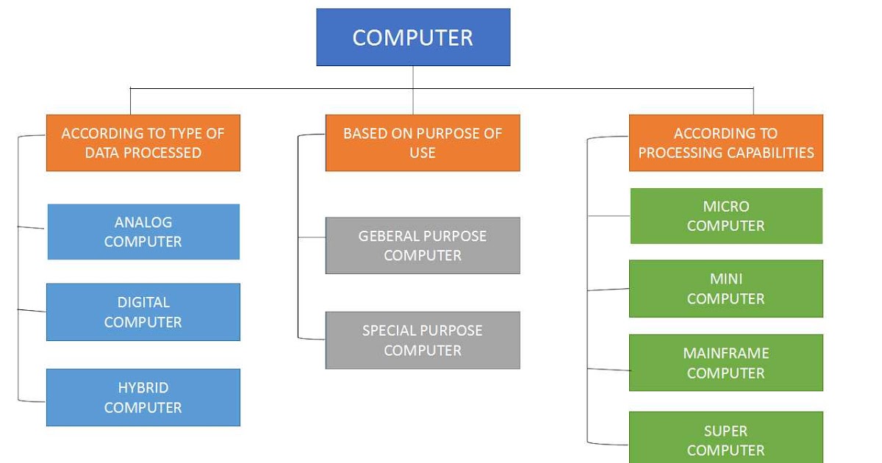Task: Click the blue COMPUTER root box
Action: pos(413,37)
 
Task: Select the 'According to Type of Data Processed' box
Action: pos(143,143)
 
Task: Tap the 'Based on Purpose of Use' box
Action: pos(423,143)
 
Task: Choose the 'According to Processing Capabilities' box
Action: pos(726,143)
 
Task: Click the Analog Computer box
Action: pos(143,232)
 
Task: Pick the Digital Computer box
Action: pos(143,312)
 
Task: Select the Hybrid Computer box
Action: pos(143,397)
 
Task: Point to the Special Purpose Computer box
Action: pos(423,340)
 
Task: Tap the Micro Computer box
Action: pos(726,216)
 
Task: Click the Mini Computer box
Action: pos(726,289)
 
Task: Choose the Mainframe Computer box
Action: pos(726,363)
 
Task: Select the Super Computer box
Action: pos(726,439)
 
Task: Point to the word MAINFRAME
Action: pos(726,353)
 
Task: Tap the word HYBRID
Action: pos(143,388)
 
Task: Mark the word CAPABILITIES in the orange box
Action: pos(770,153)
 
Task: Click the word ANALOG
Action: pos(143,222)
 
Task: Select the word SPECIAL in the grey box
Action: pos(389,331)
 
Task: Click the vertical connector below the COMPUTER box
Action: pos(413,77)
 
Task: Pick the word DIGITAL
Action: pos(143,303)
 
